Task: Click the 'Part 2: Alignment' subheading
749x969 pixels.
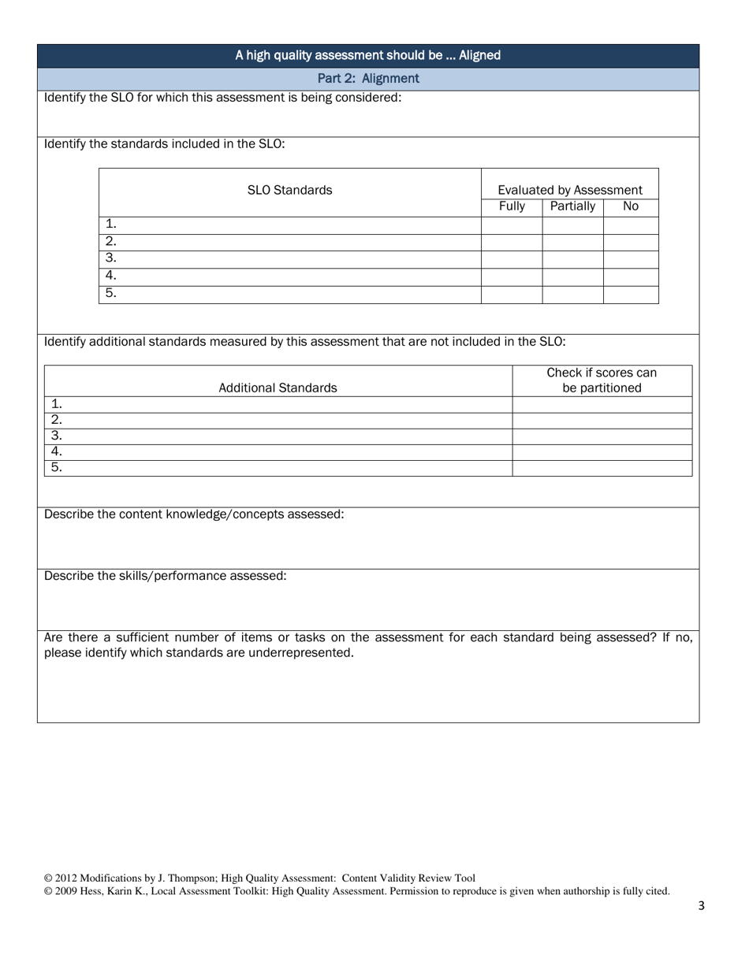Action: (368, 79)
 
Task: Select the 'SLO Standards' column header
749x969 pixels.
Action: (289, 190)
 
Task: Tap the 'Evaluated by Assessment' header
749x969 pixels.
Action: (569, 190)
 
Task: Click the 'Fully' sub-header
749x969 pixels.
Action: (512, 206)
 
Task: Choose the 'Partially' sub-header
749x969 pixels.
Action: (572, 206)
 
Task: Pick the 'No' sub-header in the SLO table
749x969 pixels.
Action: (631, 206)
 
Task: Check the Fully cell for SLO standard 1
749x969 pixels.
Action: (512, 225)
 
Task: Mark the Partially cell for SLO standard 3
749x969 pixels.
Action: (572, 259)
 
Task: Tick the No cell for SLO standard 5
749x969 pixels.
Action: (631, 294)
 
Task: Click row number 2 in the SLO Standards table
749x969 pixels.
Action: (111, 242)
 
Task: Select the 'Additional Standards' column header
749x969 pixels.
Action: (278, 388)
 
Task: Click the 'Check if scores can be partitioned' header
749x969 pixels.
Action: (602, 381)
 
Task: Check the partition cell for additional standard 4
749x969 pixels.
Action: (602, 452)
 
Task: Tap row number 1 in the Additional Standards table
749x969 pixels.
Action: (57, 404)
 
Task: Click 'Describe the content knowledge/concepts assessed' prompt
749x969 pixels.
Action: (194, 514)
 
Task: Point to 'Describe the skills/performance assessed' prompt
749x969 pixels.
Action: (166, 576)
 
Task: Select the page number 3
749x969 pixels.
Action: (702, 906)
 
